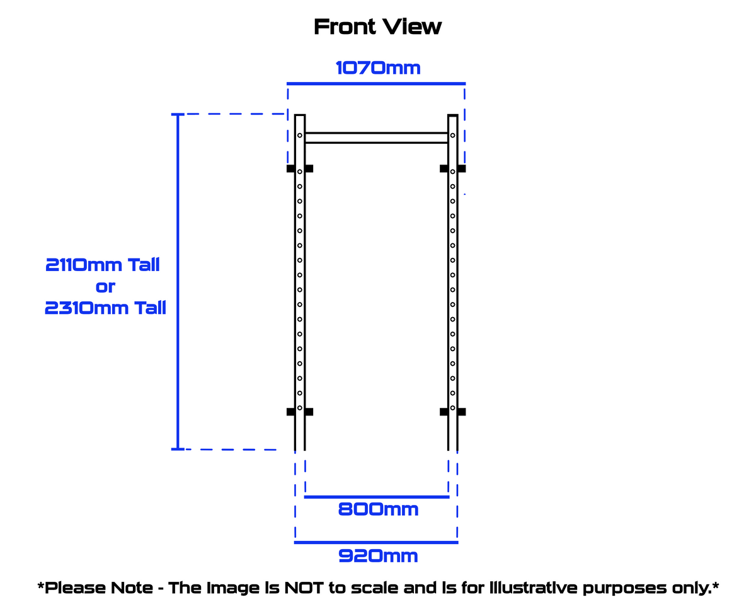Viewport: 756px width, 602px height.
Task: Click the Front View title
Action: [378, 27]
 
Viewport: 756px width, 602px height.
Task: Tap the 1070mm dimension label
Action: [377, 67]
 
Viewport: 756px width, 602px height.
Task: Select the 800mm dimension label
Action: [378, 509]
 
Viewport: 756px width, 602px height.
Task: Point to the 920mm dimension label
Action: [378, 556]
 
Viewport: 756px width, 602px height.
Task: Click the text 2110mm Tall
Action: [103, 265]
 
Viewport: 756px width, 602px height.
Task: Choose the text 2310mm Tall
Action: [105, 308]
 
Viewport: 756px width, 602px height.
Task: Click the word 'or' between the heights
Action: [105, 287]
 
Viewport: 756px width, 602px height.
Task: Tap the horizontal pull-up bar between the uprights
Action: [376, 138]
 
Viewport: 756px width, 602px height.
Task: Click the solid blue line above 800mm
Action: [376, 497]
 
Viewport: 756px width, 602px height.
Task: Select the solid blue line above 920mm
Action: [376, 542]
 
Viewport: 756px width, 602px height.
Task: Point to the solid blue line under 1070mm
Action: [376, 83]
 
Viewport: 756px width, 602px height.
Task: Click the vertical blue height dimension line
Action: [178, 282]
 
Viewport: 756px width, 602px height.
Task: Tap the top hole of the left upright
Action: [300, 135]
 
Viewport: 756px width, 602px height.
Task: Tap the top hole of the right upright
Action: [453, 135]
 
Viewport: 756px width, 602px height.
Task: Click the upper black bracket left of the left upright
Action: [290, 169]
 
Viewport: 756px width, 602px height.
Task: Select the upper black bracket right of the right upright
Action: [462, 169]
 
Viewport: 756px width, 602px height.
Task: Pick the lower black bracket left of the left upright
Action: [290, 412]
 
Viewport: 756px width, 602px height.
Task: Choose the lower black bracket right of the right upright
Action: [462, 412]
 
